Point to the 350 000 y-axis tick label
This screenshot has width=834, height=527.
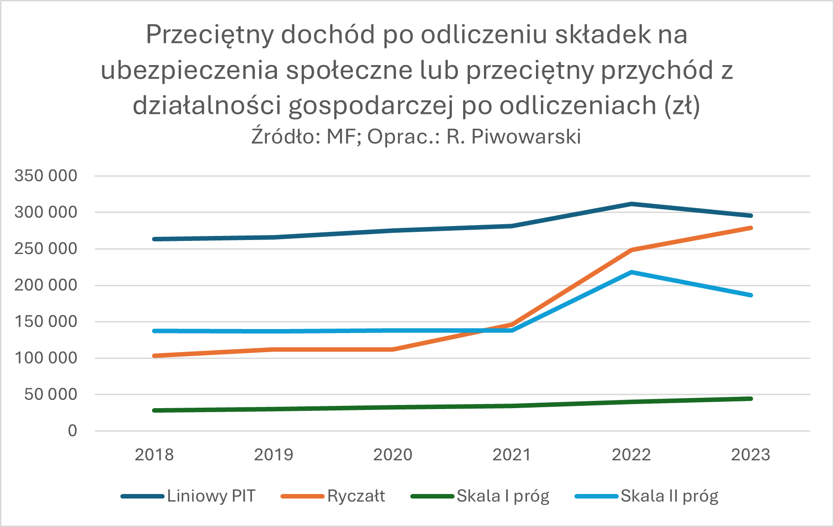point(46,175)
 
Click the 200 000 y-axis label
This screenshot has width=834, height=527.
point(46,285)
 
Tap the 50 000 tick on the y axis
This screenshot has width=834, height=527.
point(51,395)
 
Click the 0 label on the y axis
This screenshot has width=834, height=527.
point(72,431)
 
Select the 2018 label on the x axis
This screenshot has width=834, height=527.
point(154,455)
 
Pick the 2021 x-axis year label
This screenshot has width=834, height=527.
point(512,455)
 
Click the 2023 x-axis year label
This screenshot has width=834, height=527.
point(750,455)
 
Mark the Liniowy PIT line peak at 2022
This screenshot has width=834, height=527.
point(631,204)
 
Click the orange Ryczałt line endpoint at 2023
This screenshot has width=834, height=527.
point(750,228)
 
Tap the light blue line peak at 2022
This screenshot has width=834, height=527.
point(631,272)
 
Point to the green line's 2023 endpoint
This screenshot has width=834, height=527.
point(750,399)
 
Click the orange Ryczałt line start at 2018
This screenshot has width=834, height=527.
point(155,356)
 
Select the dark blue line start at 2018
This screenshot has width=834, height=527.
point(155,239)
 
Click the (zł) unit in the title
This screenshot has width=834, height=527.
point(682,106)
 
